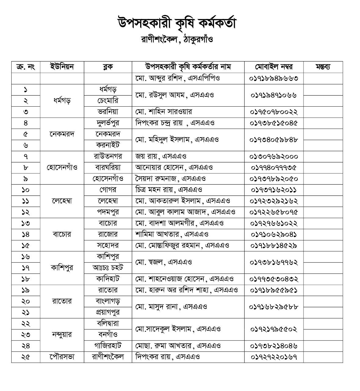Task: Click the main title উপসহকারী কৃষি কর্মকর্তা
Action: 177,24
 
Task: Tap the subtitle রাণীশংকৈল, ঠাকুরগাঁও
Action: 177,40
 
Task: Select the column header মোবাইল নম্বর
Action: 274,67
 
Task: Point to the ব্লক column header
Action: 108,67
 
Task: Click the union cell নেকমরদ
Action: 62,134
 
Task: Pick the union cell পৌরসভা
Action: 62,357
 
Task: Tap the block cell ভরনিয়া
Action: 108,112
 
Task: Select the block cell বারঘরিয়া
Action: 108,167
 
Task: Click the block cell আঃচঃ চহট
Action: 108,268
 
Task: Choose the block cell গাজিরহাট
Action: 108,346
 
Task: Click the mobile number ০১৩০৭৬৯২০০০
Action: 274,156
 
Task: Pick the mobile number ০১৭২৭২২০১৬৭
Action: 274,357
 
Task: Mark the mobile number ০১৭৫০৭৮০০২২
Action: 274,112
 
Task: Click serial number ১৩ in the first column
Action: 26,223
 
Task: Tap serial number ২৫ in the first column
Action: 26,357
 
